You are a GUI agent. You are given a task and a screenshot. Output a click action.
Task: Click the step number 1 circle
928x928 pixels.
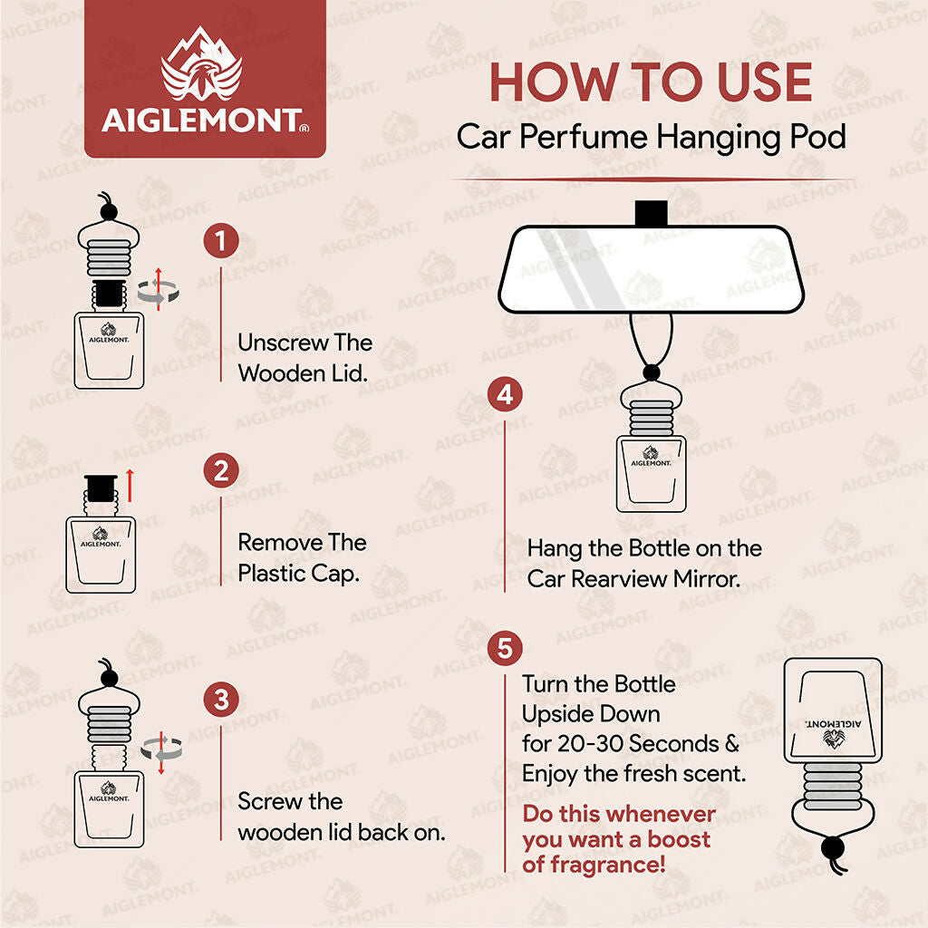pyautogui.click(x=221, y=242)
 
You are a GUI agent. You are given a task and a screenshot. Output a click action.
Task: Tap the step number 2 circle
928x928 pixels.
pyautogui.click(x=221, y=472)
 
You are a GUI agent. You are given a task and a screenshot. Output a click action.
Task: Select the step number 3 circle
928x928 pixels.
pyautogui.click(x=221, y=701)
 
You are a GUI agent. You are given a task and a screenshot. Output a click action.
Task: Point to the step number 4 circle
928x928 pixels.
pyautogui.click(x=505, y=395)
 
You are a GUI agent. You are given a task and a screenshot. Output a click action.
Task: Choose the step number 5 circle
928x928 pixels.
pyautogui.click(x=505, y=649)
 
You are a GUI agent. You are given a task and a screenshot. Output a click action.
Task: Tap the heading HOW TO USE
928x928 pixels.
pyautogui.click(x=651, y=82)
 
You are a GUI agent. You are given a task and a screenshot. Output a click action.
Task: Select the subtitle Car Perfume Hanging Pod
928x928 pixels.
pyautogui.click(x=651, y=137)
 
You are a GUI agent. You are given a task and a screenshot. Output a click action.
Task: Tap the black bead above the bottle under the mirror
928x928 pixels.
pyautogui.click(x=651, y=372)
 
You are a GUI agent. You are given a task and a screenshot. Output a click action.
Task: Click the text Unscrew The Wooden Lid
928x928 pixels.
pyautogui.click(x=304, y=357)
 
